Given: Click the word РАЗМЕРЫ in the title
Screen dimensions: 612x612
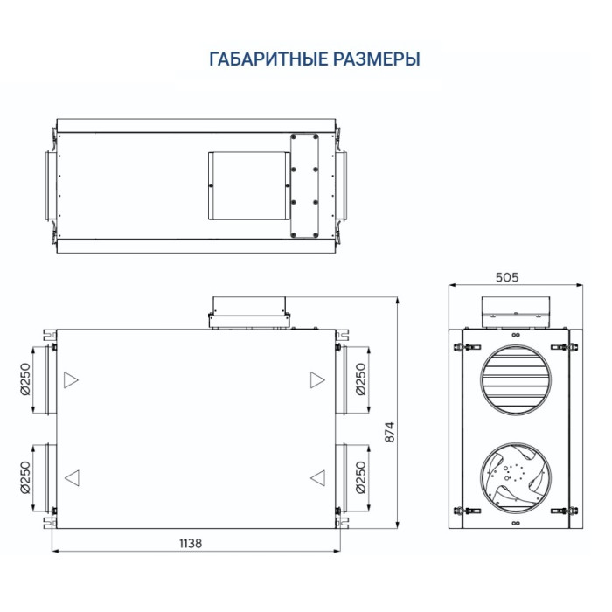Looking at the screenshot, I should [x=372, y=59].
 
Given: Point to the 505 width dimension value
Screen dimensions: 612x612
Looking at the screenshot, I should [x=507, y=277].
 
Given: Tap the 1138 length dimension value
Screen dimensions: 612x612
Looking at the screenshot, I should [x=190, y=543].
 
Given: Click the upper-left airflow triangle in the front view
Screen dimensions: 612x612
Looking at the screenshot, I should [x=71, y=380].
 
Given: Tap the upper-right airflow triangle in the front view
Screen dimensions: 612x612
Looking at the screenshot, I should [x=316, y=380].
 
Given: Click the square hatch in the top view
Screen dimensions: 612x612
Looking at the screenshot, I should [x=247, y=186].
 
